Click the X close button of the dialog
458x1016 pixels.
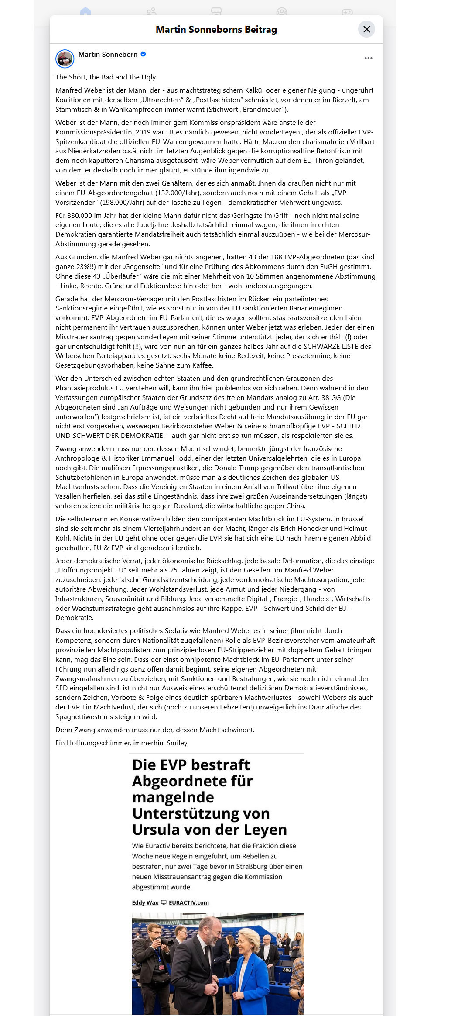tap(366, 29)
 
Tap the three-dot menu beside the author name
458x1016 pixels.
tap(369, 58)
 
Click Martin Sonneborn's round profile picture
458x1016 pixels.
tap(65, 59)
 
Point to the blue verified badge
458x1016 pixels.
tap(144, 54)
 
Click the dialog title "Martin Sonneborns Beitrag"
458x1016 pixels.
tap(216, 29)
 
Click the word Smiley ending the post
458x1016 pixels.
tap(177, 743)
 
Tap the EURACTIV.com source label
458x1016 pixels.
tap(188, 902)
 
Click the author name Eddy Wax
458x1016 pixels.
tap(145, 902)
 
